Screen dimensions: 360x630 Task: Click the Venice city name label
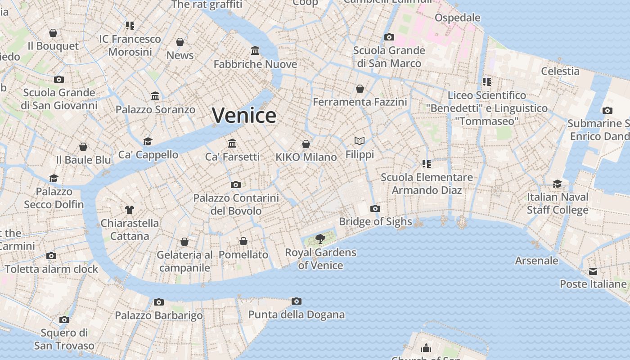tap(244, 115)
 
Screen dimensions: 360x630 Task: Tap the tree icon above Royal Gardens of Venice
tap(320, 238)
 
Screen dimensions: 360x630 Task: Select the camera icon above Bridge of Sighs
tap(375, 208)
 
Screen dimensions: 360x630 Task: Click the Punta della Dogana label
tap(297, 315)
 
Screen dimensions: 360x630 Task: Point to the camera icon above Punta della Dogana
tap(296, 301)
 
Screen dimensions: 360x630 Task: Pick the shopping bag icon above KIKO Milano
tap(306, 144)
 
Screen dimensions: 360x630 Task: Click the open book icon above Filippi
tap(359, 141)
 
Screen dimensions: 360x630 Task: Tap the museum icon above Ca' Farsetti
tap(232, 143)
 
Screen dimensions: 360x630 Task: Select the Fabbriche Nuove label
tap(255, 64)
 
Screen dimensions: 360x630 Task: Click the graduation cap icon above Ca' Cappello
tap(148, 141)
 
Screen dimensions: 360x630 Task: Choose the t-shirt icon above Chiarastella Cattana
tap(130, 209)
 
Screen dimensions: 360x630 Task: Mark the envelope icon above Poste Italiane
tap(593, 271)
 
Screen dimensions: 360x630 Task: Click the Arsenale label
tap(536, 261)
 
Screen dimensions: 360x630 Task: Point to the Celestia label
tap(560, 71)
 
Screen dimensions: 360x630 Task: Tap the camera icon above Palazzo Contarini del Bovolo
tap(235, 184)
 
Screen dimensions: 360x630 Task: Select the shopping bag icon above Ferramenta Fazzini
tap(360, 89)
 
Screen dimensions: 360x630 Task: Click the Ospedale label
tap(458, 18)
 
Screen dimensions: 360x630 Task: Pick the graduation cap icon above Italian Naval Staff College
tap(557, 184)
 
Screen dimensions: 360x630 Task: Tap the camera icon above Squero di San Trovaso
tap(64, 319)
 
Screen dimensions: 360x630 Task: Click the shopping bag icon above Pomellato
tap(243, 241)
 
